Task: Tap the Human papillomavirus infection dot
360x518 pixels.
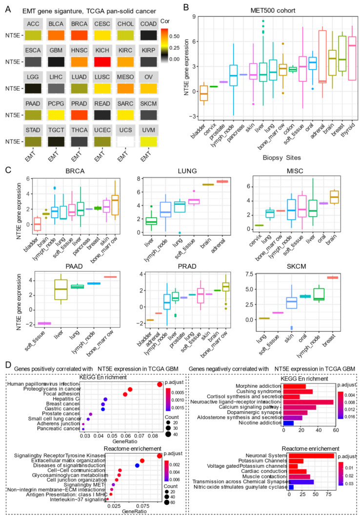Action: (160, 371)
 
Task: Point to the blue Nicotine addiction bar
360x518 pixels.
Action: (288, 409)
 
